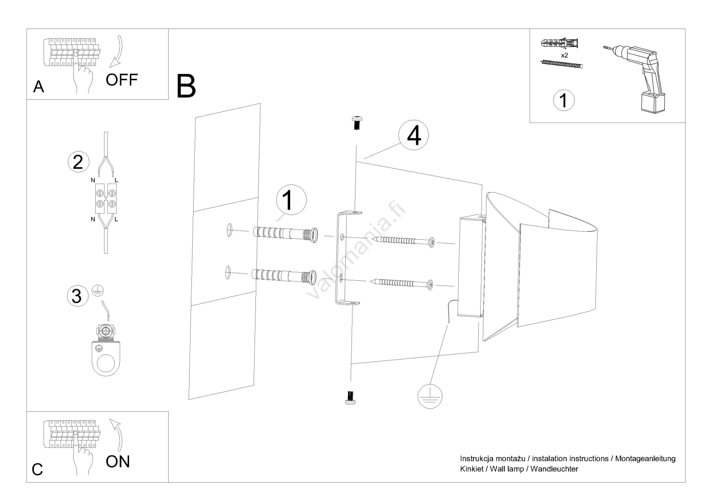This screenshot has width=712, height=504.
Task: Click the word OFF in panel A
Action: (122, 80)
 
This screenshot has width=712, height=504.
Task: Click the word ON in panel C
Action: (118, 462)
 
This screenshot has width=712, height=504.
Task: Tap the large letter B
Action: (186, 86)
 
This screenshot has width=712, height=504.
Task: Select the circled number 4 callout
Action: (413, 135)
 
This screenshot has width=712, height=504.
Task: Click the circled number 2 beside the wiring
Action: (78, 162)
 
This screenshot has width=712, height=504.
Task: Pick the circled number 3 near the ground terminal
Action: (77, 296)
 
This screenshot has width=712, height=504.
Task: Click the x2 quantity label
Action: (564, 55)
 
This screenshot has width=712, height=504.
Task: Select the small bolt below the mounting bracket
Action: (350, 397)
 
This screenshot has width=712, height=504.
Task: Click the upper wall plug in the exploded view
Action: (285, 235)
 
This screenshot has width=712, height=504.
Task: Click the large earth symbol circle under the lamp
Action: (430, 397)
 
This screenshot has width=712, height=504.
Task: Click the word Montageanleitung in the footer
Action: (645, 459)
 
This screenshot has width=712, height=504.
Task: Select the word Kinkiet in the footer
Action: (472, 469)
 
